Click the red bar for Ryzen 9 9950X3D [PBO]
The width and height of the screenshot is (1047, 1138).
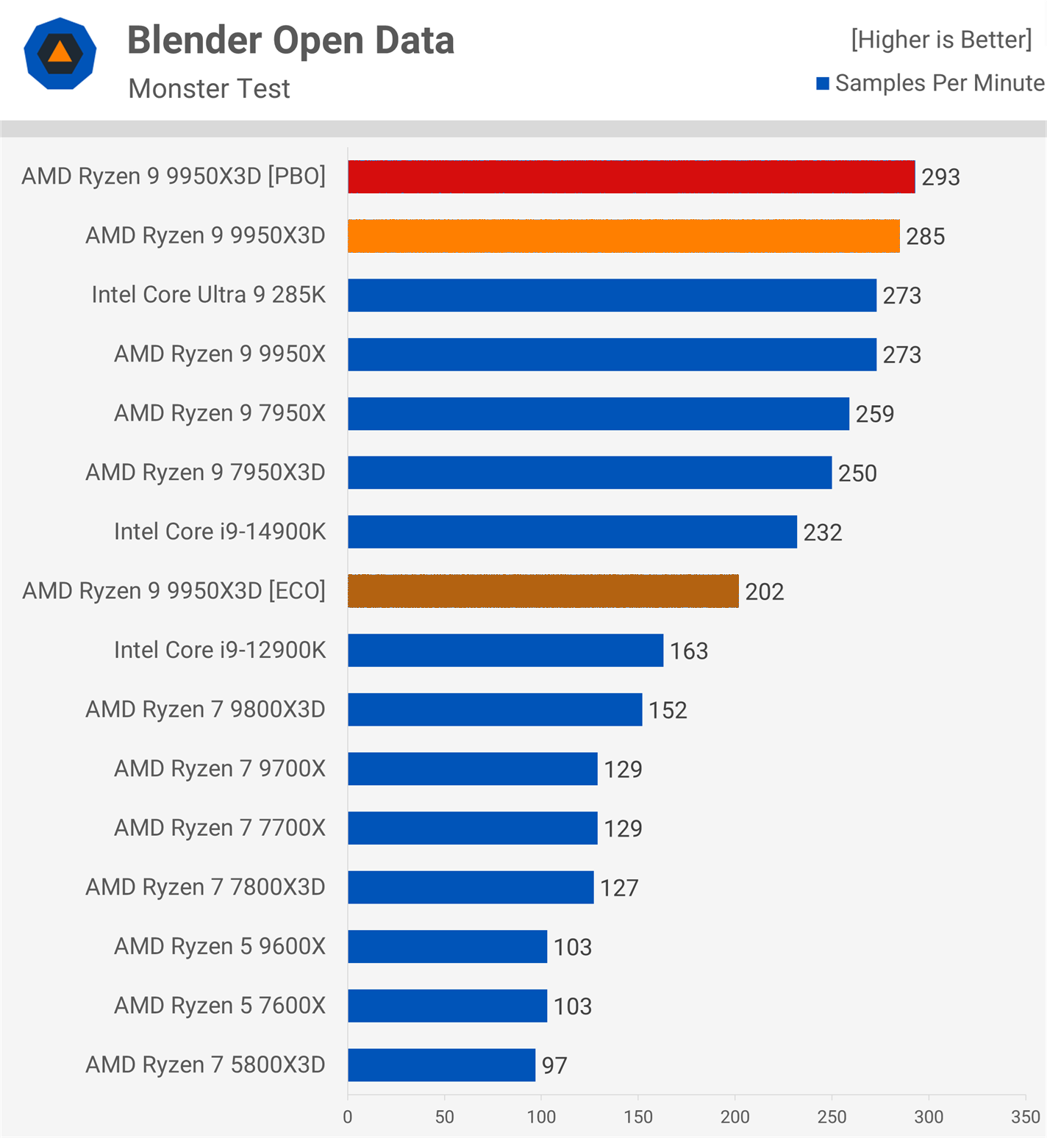[x=631, y=177]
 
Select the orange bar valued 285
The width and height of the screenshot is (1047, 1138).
[x=623, y=236]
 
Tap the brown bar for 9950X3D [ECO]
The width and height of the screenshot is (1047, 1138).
[x=543, y=591]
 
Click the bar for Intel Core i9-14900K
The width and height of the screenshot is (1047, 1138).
[x=572, y=532]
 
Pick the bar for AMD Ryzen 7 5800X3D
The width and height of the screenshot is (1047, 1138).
[x=441, y=1064]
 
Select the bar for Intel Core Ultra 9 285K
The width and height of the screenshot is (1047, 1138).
[x=612, y=295]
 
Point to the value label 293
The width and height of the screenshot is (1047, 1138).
[x=940, y=177]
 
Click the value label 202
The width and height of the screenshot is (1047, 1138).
[x=764, y=592]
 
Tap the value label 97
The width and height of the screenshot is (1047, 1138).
[x=554, y=1065]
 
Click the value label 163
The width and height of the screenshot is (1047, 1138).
[x=689, y=651]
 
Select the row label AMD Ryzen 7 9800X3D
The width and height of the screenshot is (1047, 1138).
[x=205, y=709]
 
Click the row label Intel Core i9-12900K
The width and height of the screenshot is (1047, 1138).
[x=219, y=650]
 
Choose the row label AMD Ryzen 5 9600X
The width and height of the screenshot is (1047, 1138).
[x=219, y=946]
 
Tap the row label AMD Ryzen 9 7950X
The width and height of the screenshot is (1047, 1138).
[x=219, y=413]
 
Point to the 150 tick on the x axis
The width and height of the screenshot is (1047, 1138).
[x=638, y=1117]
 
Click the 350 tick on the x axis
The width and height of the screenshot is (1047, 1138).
[x=1025, y=1117]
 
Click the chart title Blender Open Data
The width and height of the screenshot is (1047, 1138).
[x=290, y=40]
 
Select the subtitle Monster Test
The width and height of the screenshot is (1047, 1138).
[x=209, y=89]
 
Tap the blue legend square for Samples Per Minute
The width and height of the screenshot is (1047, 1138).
[x=823, y=84]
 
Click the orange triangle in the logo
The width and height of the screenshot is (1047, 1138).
[x=60, y=53]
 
